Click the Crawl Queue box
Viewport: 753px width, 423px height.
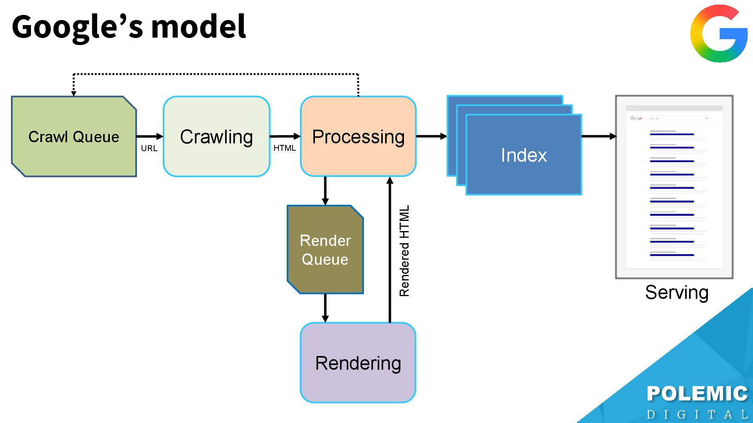[74, 137]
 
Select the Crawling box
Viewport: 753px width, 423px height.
[216, 137]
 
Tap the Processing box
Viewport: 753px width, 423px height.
[358, 137]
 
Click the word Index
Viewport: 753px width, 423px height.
[524, 155]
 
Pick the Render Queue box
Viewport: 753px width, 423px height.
[325, 249]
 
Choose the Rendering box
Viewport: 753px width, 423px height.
[358, 363]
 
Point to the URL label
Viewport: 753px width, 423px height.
[149, 148]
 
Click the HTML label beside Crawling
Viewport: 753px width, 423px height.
[284, 148]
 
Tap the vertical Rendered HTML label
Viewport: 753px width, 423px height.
[404, 251]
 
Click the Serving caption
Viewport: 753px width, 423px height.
[677, 293]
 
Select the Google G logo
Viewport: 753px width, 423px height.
[719, 34]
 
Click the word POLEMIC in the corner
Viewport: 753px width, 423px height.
[697, 394]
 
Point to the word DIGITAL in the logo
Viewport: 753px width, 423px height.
[697, 414]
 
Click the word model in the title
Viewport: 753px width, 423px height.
[198, 27]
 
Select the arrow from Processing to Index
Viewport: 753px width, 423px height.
[431, 136]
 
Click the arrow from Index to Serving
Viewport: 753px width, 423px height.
[598, 136]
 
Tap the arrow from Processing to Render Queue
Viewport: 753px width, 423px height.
[325, 191]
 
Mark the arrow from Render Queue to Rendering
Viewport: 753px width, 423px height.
[325, 308]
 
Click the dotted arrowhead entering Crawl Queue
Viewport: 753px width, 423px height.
[73, 93]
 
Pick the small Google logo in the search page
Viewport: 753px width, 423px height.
[636, 118]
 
